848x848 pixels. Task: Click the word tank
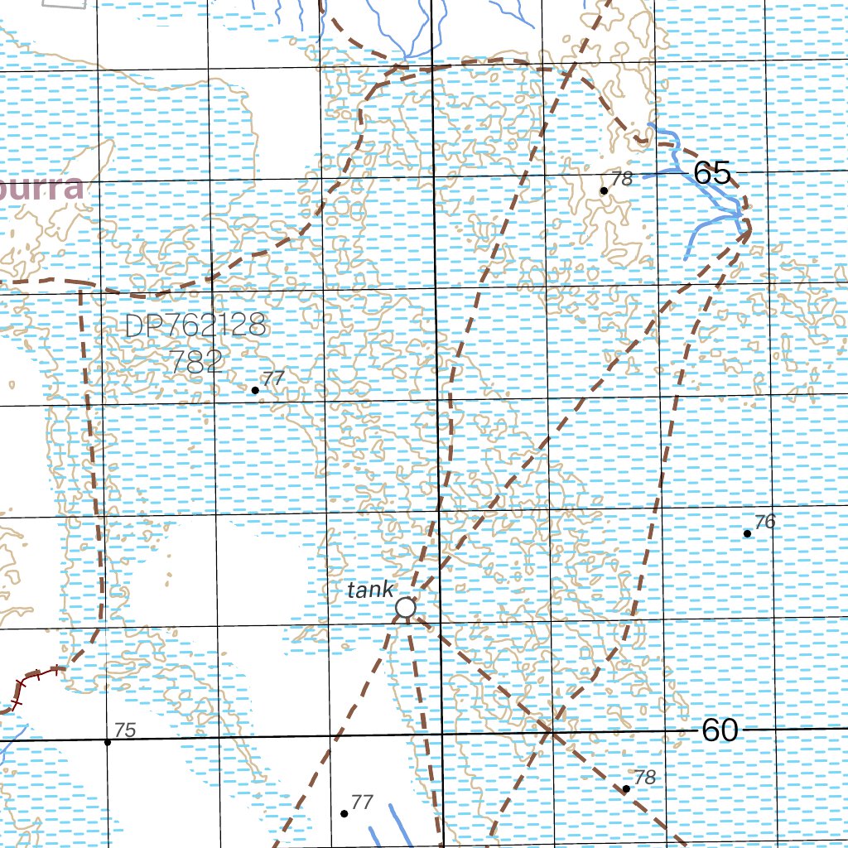[x=370, y=590]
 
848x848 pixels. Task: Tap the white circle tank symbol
[x=405, y=608]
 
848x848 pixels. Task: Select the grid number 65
[x=711, y=174]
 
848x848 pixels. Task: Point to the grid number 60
[x=719, y=730]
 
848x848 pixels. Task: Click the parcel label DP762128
[x=195, y=325]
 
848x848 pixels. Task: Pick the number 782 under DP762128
[x=195, y=360]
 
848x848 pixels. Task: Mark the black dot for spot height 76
[x=747, y=533]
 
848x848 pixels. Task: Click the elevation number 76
[x=765, y=522]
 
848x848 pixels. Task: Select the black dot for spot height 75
[x=107, y=742]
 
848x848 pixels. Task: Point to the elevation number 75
[x=124, y=730]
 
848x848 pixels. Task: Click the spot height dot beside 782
[x=255, y=390]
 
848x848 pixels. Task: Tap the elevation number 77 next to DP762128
[x=273, y=378]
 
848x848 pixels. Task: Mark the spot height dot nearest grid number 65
[x=604, y=190]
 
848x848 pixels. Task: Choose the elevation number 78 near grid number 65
[x=621, y=178]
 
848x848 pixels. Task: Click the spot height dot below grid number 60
[x=626, y=789]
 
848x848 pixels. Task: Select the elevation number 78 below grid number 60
[x=644, y=778]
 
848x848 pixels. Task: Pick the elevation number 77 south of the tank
[x=362, y=802]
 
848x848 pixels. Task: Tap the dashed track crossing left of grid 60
[x=552, y=732]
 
